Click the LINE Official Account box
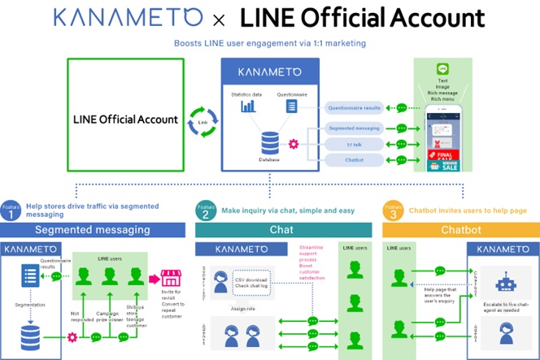(126, 119)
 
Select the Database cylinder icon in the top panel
(270, 145)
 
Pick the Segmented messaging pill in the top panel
(355, 128)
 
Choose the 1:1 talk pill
(355, 144)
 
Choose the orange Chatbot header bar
(461, 230)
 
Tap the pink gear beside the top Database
(294, 144)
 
